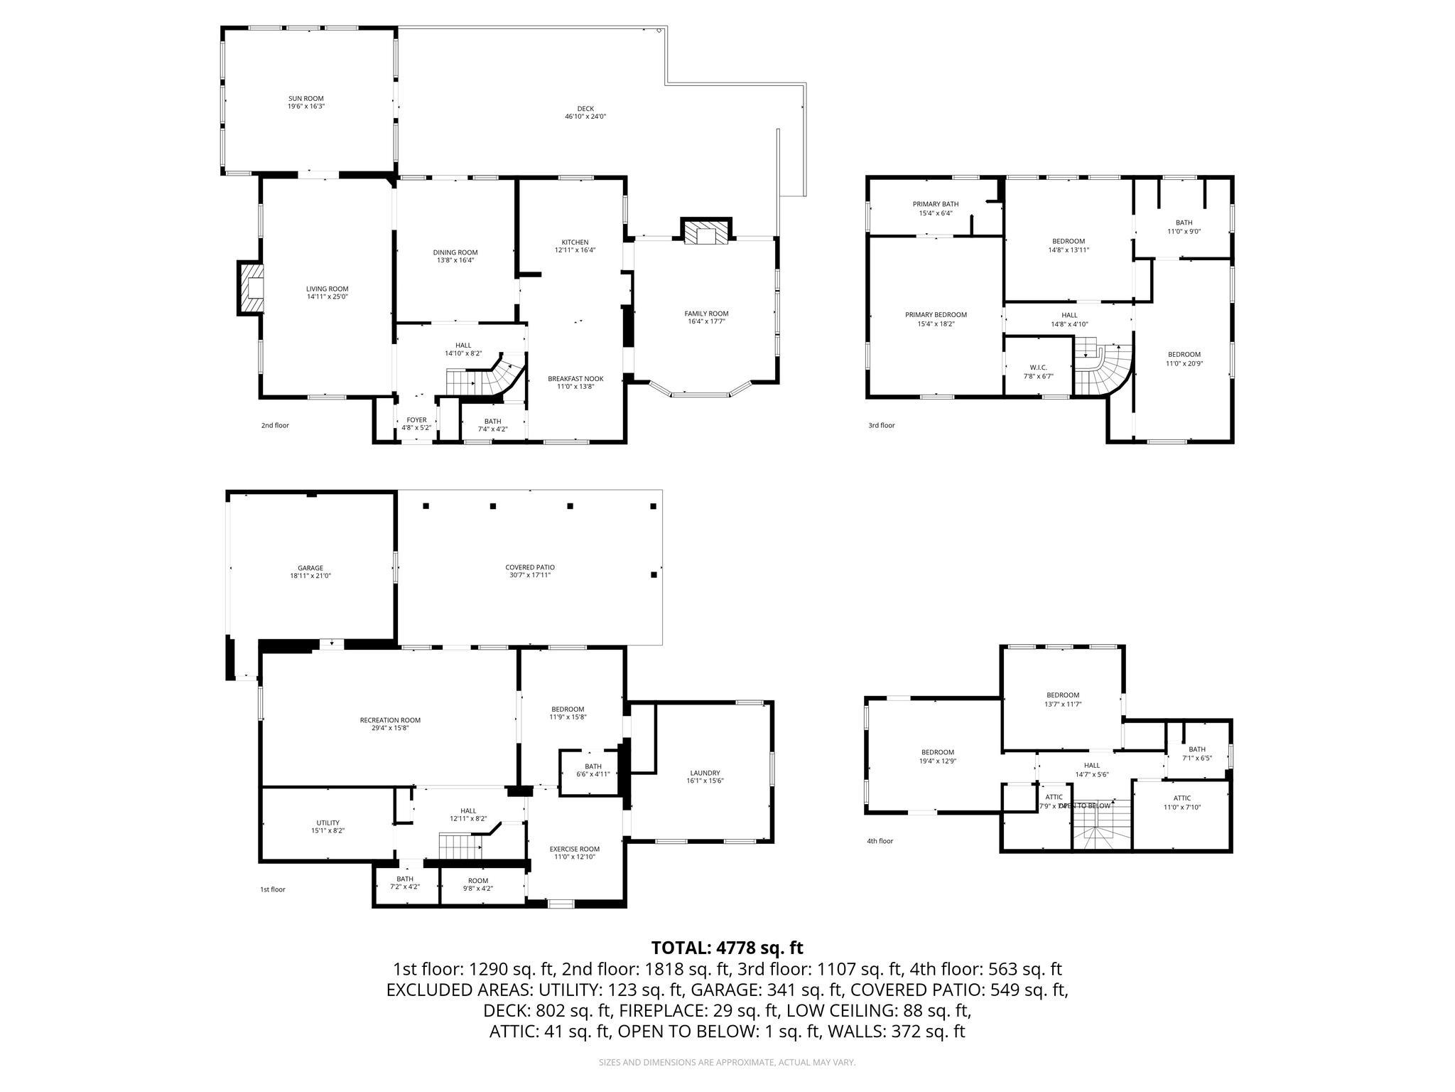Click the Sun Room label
(x=306, y=99)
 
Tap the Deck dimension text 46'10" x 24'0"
(x=585, y=117)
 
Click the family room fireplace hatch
(x=705, y=236)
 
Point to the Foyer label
(x=416, y=420)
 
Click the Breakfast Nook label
(x=575, y=379)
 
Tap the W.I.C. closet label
(x=1038, y=368)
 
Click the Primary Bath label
(x=935, y=204)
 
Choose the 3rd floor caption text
(x=881, y=425)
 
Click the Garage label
(x=310, y=568)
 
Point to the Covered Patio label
(x=530, y=567)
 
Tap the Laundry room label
(x=705, y=773)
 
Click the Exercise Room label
(x=574, y=849)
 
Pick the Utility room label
(x=328, y=823)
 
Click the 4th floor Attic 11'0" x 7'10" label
(x=1181, y=798)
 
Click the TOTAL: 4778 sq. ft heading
(x=727, y=948)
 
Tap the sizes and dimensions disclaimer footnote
(x=727, y=1062)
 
